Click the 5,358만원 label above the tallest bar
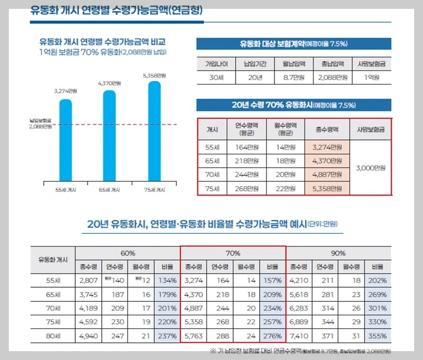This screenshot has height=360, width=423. pyautogui.click(x=154, y=76)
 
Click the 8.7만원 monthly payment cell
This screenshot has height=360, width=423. pyautogui.click(x=293, y=77)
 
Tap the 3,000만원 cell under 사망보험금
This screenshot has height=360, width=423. pyautogui.click(x=370, y=167)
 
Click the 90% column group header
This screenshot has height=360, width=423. pyautogui.click(x=338, y=253)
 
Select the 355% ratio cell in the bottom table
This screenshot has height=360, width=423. pyautogui.click(x=378, y=335)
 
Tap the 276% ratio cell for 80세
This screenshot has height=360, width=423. pyautogui.click(x=273, y=335)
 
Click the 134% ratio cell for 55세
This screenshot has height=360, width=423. pyautogui.click(x=167, y=280)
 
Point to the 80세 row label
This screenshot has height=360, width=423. pyautogui.click(x=53, y=335)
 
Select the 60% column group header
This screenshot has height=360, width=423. pyautogui.click(x=127, y=253)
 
